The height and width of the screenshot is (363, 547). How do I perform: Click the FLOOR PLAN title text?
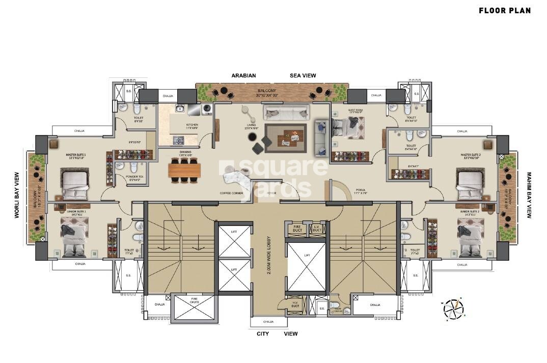point(504,10)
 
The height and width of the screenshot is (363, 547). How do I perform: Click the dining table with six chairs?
point(184,169)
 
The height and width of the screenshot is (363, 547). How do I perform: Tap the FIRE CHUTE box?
point(194,307)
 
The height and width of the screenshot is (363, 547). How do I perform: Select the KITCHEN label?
point(192,125)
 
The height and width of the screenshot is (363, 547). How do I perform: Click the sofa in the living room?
point(286,112)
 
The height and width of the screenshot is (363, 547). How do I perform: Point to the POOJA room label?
point(361,190)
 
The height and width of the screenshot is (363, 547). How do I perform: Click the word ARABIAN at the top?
point(243,75)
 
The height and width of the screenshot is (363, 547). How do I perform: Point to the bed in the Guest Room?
point(349,127)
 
